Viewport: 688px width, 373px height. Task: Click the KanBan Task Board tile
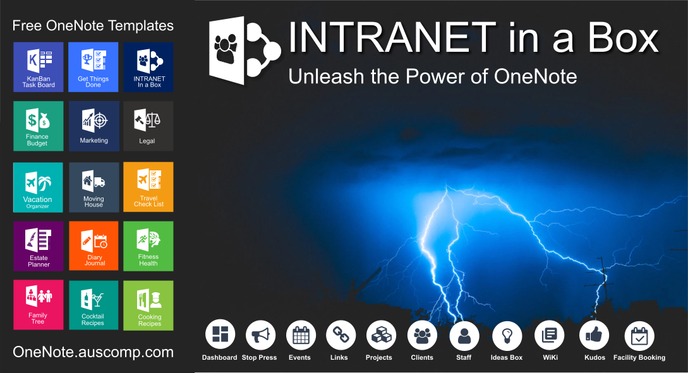click(x=39, y=67)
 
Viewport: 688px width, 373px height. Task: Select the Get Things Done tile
click(x=94, y=67)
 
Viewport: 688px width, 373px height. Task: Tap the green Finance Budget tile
click(x=39, y=126)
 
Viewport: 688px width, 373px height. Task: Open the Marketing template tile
click(x=94, y=126)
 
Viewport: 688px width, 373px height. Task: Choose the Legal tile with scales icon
click(x=148, y=126)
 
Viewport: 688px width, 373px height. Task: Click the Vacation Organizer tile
click(x=39, y=187)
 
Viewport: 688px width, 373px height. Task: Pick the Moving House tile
click(x=94, y=187)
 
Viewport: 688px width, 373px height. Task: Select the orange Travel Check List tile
click(x=148, y=187)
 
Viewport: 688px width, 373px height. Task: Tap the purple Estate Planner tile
click(x=39, y=246)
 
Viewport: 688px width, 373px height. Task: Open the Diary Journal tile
click(x=94, y=246)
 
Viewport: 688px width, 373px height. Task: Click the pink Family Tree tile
click(x=39, y=305)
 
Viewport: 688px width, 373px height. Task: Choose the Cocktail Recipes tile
click(x=94, y=305)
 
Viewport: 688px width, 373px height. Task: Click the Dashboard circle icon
click(x=220, y=335)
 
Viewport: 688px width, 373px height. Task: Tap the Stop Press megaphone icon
click(x=260, y=335)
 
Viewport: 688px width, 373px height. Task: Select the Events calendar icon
click(x=301, y=335)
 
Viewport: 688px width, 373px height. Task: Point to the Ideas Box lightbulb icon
click(x=507, y=335)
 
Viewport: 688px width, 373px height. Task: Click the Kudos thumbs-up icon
click(x=594, y=335)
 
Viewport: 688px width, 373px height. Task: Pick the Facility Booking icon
click(x=639, y=335)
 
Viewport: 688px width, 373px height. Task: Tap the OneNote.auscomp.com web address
click(x=93, y=352)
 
